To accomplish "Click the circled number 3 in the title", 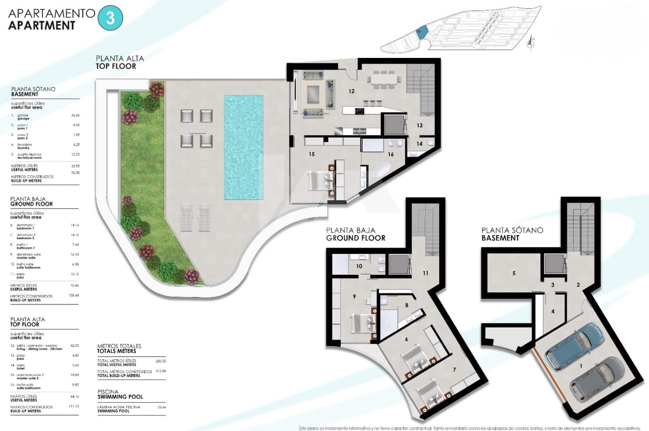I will tap(110, 18).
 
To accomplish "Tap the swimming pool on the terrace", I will tap(243, 147).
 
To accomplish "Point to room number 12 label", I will tap(351, 91).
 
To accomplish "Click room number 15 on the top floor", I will tap(312, 154).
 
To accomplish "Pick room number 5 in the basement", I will tap(514, 273).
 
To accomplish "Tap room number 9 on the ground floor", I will tap(354, 296).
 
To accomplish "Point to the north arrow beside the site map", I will tap(531, 42).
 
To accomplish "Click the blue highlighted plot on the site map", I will tap(421, 32).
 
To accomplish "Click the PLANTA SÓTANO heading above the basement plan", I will tap(512, 230).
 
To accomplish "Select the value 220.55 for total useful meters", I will tap(161, 360).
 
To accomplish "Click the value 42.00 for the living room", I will tap(75, 345).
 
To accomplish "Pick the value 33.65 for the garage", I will tap(75, 115).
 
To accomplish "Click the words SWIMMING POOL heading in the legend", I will tap(120, 397).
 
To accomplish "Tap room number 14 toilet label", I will tap(419, 144).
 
